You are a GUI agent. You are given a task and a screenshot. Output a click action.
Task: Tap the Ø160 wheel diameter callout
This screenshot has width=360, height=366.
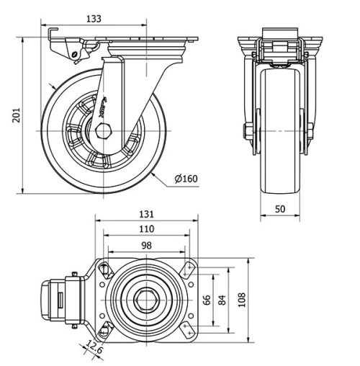pos(185,179)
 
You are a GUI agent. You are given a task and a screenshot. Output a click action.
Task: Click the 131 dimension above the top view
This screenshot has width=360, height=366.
pos(146,214)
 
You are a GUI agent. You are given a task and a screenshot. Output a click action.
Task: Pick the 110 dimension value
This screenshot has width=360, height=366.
pos(146,229)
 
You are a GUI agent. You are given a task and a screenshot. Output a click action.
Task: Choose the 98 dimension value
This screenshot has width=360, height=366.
pos(146,245)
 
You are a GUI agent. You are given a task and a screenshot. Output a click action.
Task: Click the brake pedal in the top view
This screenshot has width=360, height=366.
pos(52,299)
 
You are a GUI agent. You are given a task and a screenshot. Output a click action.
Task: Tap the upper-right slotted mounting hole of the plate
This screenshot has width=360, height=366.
pos(188,269)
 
